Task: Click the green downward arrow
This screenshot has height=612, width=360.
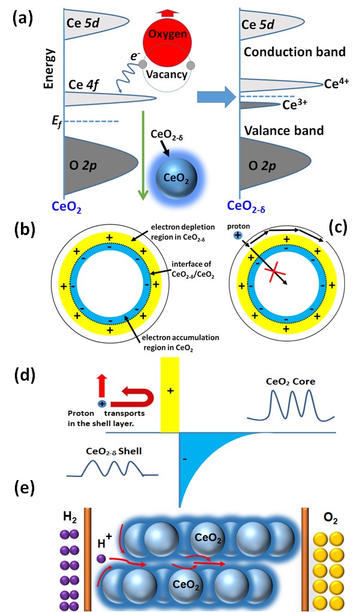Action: pyautogui.click(x=143, y=155)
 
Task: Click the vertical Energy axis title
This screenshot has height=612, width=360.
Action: pyautogui.click(x=49, y=69)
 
